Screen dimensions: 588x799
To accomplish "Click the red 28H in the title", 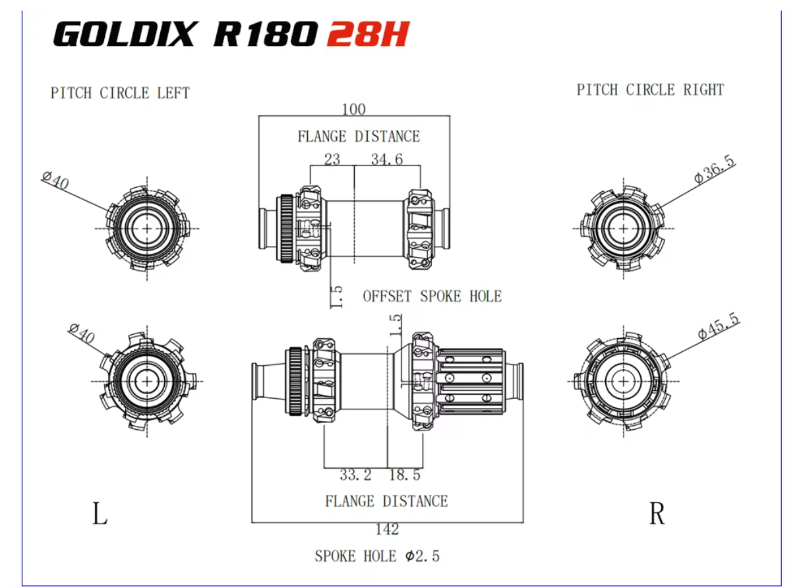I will pyautogui.click(x=367, y=34).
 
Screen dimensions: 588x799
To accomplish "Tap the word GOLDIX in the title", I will pyautogui.click(x=125, y=34).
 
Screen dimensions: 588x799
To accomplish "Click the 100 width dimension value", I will pyautogui.click(x=353, y=109).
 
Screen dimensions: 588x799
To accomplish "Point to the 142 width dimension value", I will pyautogui.click(x=387, y=529).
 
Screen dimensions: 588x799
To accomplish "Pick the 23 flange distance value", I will pyautogui.click(x=332, y=159).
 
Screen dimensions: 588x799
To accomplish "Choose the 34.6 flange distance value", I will pyautogui.click(x=387, y=159).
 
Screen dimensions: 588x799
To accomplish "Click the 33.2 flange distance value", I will pyautogui.click(x=355, y=475).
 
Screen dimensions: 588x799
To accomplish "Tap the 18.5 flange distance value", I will pyautogui.click(x=405, y=475).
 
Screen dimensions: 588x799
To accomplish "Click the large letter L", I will pyautogui.click(x=100, y=514).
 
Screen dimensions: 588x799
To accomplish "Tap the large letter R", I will pyautogui.click(x=657, y=514).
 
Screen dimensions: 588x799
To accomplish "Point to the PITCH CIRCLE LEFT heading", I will pyautogui.click(x=120, y=93).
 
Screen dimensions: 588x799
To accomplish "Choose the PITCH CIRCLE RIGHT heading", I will pyautogui.click(x=650, y=90).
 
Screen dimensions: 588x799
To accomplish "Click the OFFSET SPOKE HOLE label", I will pyautogui.click(x=432, y=297).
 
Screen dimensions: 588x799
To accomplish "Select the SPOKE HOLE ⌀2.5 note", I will pyautogui.click(x=376, y=556).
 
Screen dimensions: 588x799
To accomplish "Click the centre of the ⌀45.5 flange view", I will pyautogui.click(x=622, y=380).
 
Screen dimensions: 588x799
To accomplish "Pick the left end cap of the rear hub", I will pyautogui.click(x=264, y=380).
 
